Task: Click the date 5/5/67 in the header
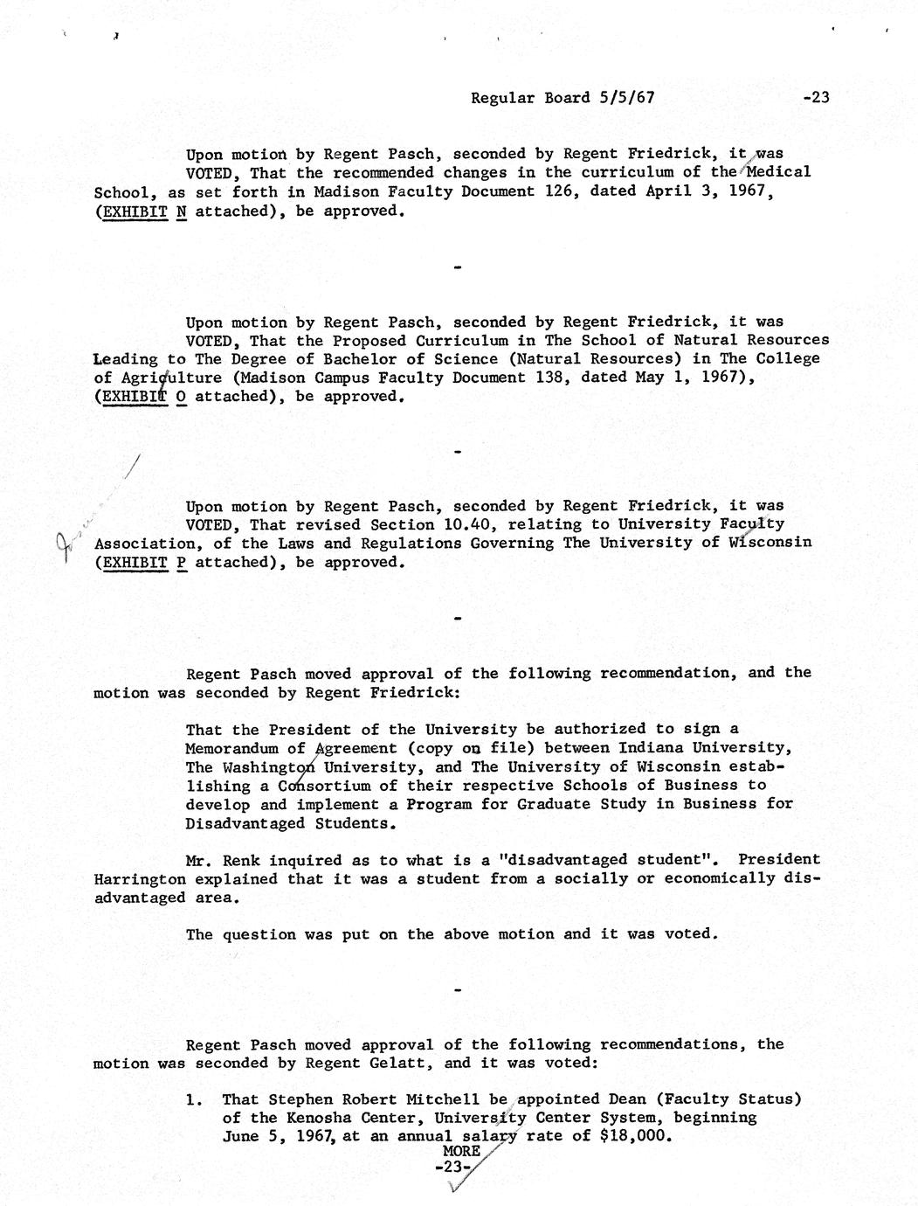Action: click(626, 98)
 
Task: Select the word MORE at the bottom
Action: click(460, 1152)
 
